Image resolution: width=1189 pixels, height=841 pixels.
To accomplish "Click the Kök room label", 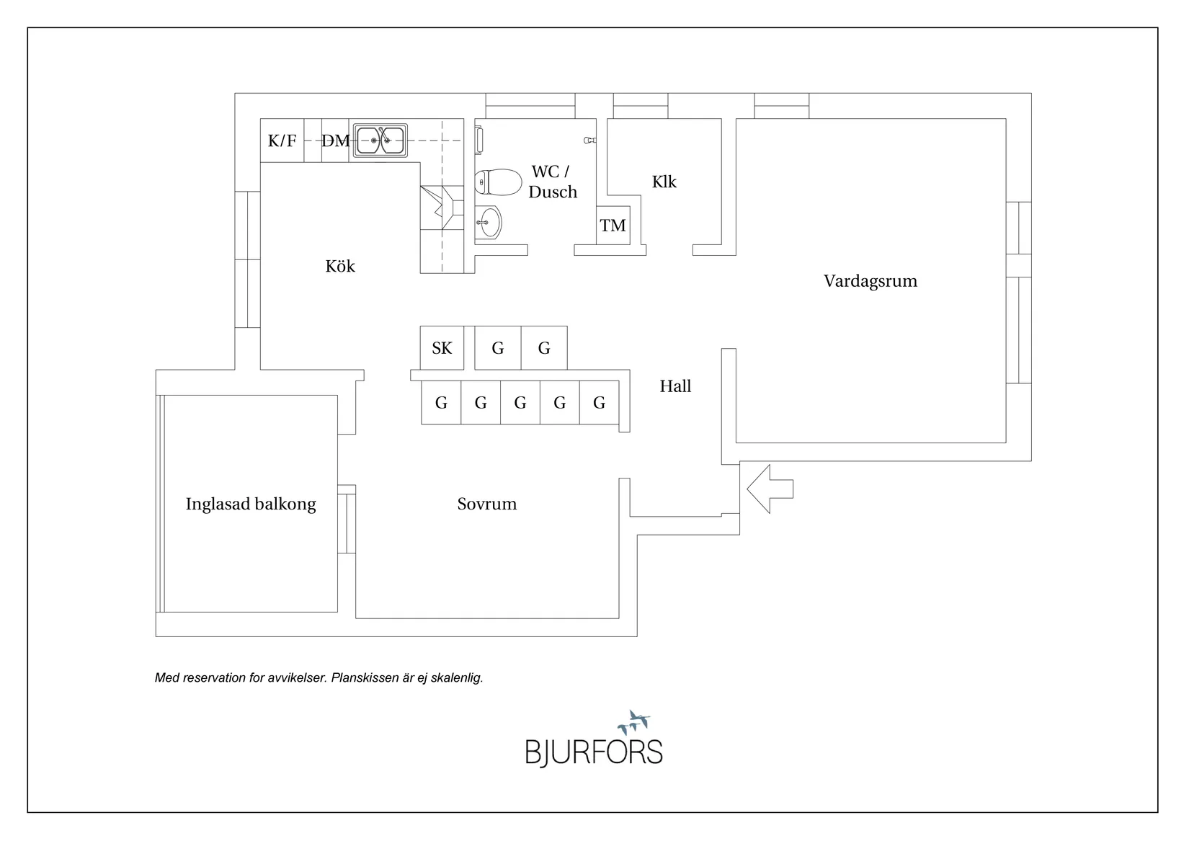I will coord(340,267).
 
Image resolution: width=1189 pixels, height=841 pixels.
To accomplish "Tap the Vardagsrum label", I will coord(870,281).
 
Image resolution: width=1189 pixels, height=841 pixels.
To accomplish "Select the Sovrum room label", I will coord(487,504).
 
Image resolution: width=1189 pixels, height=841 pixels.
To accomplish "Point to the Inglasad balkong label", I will coord(251,504).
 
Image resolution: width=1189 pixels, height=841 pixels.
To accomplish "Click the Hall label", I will coord(675,386).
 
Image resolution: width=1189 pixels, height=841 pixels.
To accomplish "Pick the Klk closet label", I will coord(664,182).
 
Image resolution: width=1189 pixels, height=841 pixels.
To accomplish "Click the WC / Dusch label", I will coord(552,182).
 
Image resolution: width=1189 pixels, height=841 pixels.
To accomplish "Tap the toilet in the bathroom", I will coord(498,182).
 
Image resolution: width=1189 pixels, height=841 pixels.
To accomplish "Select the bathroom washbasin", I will coord(489,222).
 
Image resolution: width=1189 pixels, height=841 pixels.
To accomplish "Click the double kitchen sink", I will coord(381,140).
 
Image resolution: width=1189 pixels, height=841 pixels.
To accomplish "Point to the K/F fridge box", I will coord(282,141).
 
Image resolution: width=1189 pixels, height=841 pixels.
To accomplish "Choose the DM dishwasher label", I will coord(335,141).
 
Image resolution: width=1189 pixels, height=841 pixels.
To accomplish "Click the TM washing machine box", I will coord(613,226).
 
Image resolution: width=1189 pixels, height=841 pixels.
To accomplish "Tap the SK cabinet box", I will coord(442,348).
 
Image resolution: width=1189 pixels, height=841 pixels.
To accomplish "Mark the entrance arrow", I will coord(770,489).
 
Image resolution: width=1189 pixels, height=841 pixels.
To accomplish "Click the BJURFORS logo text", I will coord(593,752).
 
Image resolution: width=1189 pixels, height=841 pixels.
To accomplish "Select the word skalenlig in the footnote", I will coord(455,678).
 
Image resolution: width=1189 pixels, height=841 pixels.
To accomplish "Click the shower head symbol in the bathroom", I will coord(589,141).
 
